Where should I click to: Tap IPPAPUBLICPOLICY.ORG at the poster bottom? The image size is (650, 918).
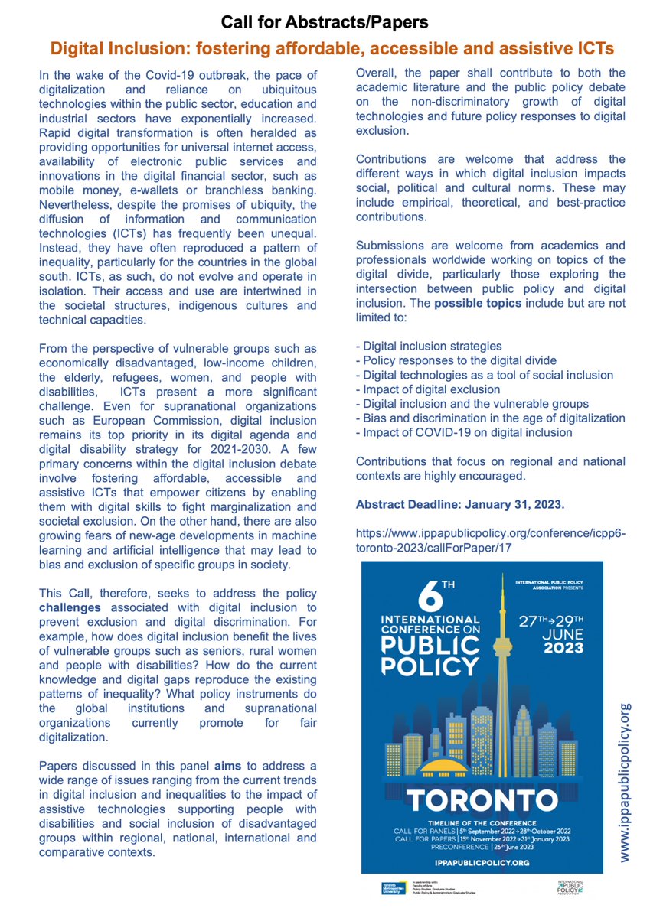[x=482, y=861]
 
